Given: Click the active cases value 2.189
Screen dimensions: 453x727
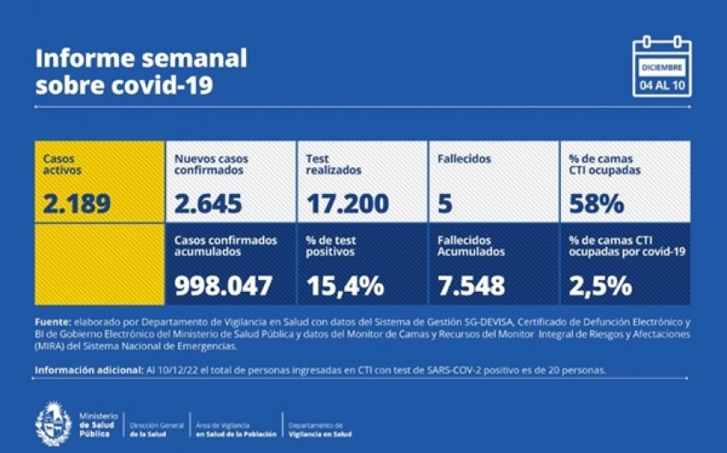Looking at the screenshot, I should [77, 204].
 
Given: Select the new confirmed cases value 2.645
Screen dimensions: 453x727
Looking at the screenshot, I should [207, 204].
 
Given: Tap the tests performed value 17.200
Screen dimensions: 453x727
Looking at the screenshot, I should [348, 204].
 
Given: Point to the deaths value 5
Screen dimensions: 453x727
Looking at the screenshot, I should [444, 204].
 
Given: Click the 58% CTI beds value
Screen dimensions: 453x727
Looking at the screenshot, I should [595, 204].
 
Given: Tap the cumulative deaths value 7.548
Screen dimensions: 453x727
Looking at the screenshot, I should [471, 285].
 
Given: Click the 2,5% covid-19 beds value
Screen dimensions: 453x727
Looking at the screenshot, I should [600, 285].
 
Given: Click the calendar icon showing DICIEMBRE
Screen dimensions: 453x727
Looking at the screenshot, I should [662, 65].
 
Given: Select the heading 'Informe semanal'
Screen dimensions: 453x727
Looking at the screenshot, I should [141, 59].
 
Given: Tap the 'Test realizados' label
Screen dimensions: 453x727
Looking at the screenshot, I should [335, 164].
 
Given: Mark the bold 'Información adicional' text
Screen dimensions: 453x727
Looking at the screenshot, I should [86, 370].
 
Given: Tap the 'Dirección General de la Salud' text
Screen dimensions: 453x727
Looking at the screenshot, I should [156, 430].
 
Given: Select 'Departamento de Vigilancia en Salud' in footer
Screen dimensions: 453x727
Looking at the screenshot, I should [319, 430].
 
